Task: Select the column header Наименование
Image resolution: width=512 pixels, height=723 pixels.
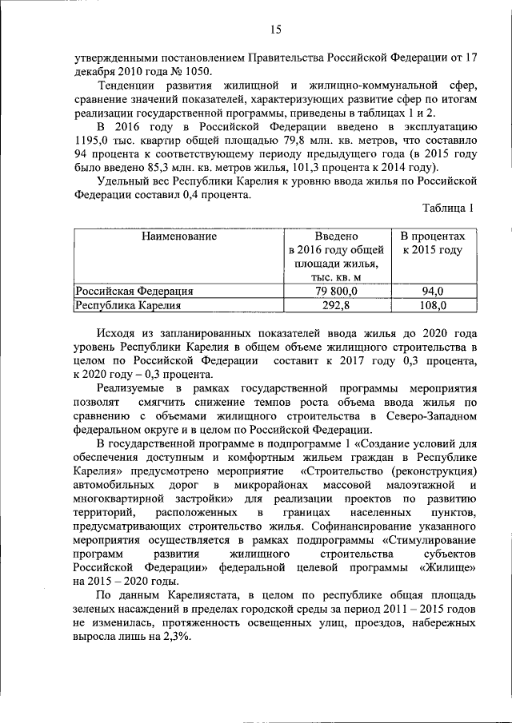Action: point(178,237)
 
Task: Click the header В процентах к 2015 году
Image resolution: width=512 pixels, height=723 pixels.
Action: point(432,244)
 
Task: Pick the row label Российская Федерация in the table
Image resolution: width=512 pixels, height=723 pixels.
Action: point(134,291)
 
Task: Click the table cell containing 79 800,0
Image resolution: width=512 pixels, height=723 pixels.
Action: point(336,291)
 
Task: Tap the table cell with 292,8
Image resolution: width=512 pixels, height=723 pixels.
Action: point(336,304)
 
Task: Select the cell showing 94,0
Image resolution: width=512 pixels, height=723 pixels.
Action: point(433,291)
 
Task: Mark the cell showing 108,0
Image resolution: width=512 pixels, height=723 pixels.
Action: point(433,304)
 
